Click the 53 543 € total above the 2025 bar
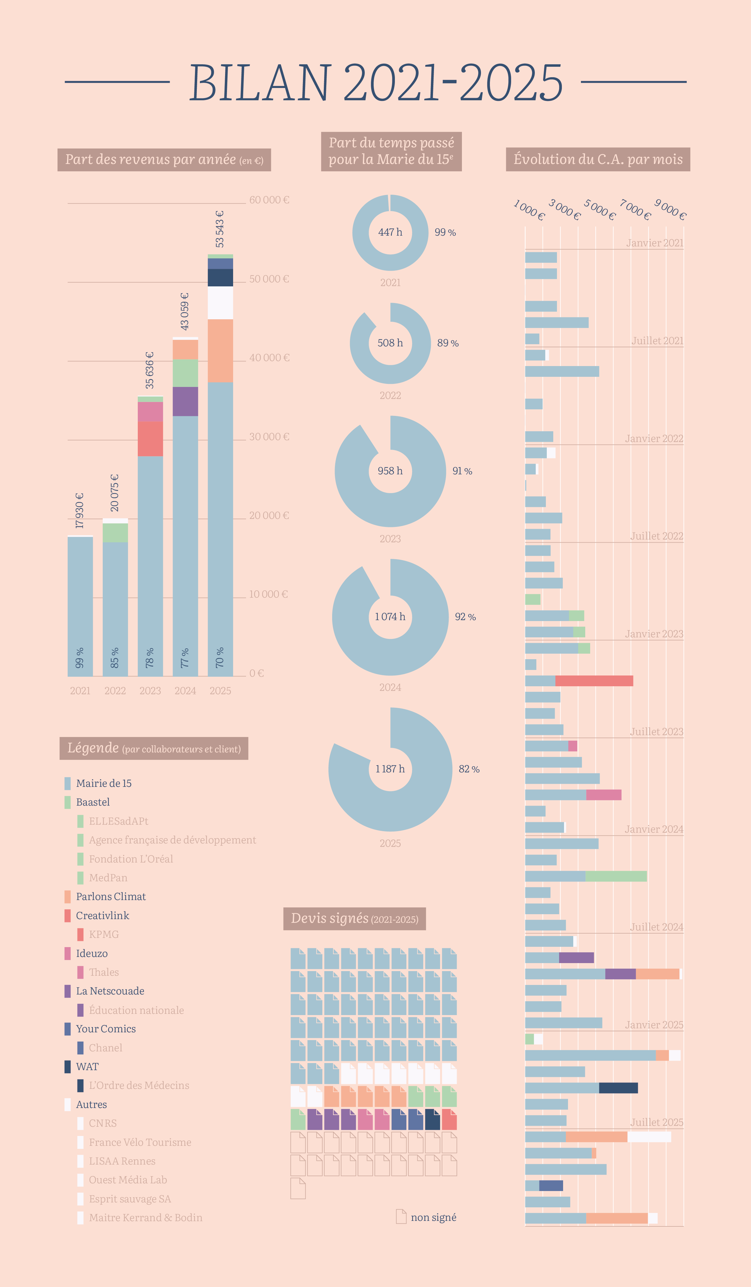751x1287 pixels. pyautogui.click(x=220, y=229)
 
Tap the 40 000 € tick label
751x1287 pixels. pyautogui.click(x=269, y=357)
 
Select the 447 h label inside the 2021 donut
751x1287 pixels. pyautogui.click(x=390, y=232)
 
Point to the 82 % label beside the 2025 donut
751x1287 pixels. pyautogui.click(x=469, y=769)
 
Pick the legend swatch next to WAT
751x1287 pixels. pyautogui.click(x=67, y=1066)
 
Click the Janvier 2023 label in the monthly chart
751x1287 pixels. pyautogui.click(x=654, y=634)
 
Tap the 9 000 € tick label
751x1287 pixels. pyautogui.click(x=670, y=210)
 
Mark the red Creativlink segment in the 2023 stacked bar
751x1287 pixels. pyautogui.click(x=150, y=439)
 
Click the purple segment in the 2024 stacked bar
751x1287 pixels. pyautogui.click(x=185, y=401)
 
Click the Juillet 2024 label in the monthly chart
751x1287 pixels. pyautogui.click(x=656, y=927)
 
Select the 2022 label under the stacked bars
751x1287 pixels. pyautogui.click(x=115, y=691)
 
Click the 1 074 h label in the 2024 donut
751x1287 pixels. pyautogui.click(x=390, y=617)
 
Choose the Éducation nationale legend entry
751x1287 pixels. pyautogui.click(x=136, y=1010)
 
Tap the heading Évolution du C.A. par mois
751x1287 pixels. pyautogui.click(x=598, y=159)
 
